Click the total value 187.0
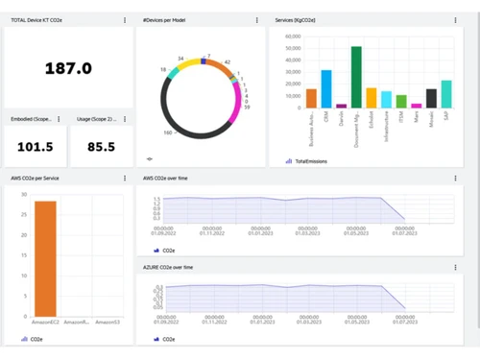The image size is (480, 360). pyautogui.click(x=68, y=68)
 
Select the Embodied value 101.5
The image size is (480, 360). pyautogui.click(x=35, y=147)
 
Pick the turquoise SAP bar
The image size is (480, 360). pyautogui.click(x=445, y=93)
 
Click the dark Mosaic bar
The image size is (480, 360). pyautogui.click(x=431, y=98)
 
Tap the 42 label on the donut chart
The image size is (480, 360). pyautogui.click(x=228, y=61)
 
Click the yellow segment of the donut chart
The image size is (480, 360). pyautogui.click(x=188, y=64)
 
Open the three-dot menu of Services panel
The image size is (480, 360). pyautogui.click(x=455, y=20)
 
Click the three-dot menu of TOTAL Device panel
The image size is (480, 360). pyautogui.click(x=125, y=20)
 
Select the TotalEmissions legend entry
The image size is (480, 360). pyautogui.click(x=309, y=161)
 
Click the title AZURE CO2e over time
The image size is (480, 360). pyautogui.click(x=168, y=267)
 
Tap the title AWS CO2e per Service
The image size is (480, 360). pyautogui.click(x=36, y=178)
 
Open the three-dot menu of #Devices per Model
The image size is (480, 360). pyautogui.click(x=256, y=20)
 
